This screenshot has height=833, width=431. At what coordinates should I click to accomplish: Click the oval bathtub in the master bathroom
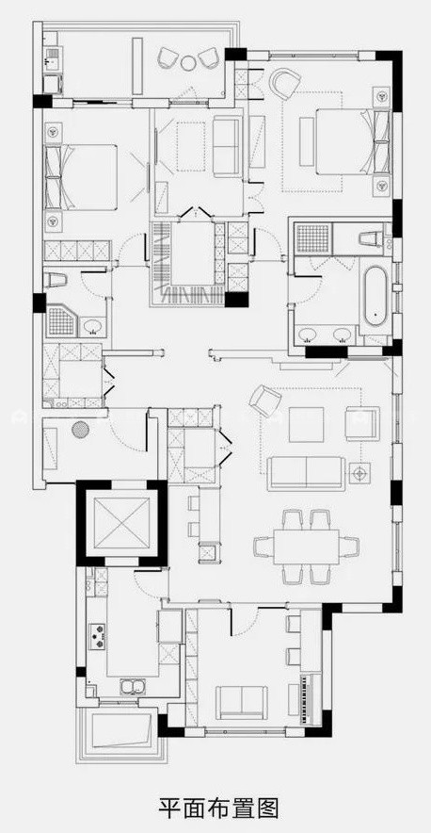click(375, 296)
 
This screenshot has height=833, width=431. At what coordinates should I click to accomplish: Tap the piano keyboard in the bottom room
click(304, 700)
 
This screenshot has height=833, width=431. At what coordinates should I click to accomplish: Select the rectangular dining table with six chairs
click(306, 547)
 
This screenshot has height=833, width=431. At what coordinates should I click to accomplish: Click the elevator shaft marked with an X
click(121, 523)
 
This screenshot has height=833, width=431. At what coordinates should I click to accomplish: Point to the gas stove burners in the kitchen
click(98, 636)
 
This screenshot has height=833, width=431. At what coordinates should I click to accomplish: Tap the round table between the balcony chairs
click(188, 63)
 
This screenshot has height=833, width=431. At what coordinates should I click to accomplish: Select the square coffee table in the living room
click(306, 424)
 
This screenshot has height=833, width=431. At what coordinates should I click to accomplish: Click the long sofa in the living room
click(307, 473)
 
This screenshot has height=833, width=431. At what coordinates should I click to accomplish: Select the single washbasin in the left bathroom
click(93, 326)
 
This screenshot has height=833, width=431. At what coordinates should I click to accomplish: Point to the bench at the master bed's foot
click(306, 141)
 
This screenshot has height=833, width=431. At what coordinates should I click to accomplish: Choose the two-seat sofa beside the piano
click(242, 702)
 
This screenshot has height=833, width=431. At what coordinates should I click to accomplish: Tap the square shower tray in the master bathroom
click(313, 238)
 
